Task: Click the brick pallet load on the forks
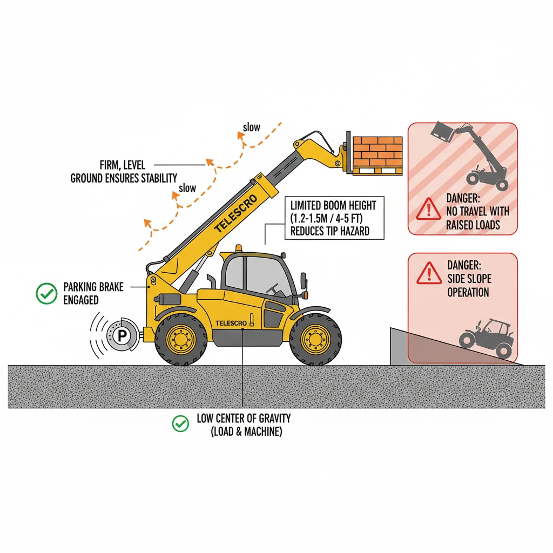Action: [x=377, y=156]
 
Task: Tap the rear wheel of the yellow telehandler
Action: [x=181, y=339]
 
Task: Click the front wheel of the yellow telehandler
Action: [x=315, y=339]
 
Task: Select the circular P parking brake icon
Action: [x=122, y=335]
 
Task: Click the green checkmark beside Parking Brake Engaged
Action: [x=46, y=293]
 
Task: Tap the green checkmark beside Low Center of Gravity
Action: [x=180, y=423]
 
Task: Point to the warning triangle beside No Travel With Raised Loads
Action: [x=428, y=209]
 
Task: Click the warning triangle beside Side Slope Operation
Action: [x=429, y=273]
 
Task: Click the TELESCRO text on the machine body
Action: [x=231, y=323]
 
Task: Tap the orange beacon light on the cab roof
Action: [x=239, y=248]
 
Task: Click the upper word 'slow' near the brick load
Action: [x=252, y=127]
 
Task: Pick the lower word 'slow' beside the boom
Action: [x=187, y=188]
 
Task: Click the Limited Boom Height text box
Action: [x=334, y=218]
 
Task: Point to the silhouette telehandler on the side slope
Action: [x=485, y=338]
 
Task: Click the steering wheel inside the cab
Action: [x=274, y=289]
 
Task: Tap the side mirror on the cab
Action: [x=304, y=281]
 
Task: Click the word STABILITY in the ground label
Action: [x=159, y=178]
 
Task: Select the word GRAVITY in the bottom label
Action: [x=275, y=419]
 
